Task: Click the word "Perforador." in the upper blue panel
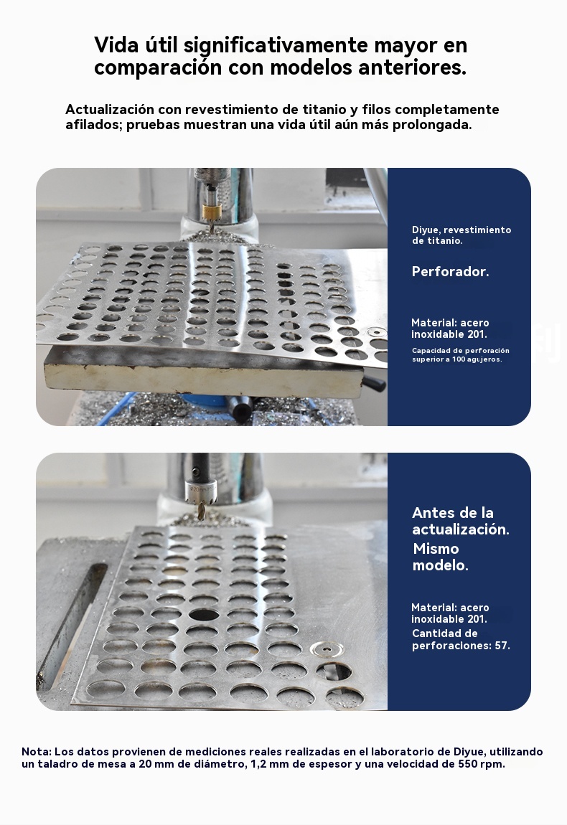point(450,271)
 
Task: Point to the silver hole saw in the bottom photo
point(203,494)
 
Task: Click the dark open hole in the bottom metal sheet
point(205,615)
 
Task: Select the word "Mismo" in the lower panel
point(436,549)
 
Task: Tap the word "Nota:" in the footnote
point(37,752)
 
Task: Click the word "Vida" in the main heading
point(113,45)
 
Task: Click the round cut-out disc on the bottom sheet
point(327,651)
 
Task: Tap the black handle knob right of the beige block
point(377,384)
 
